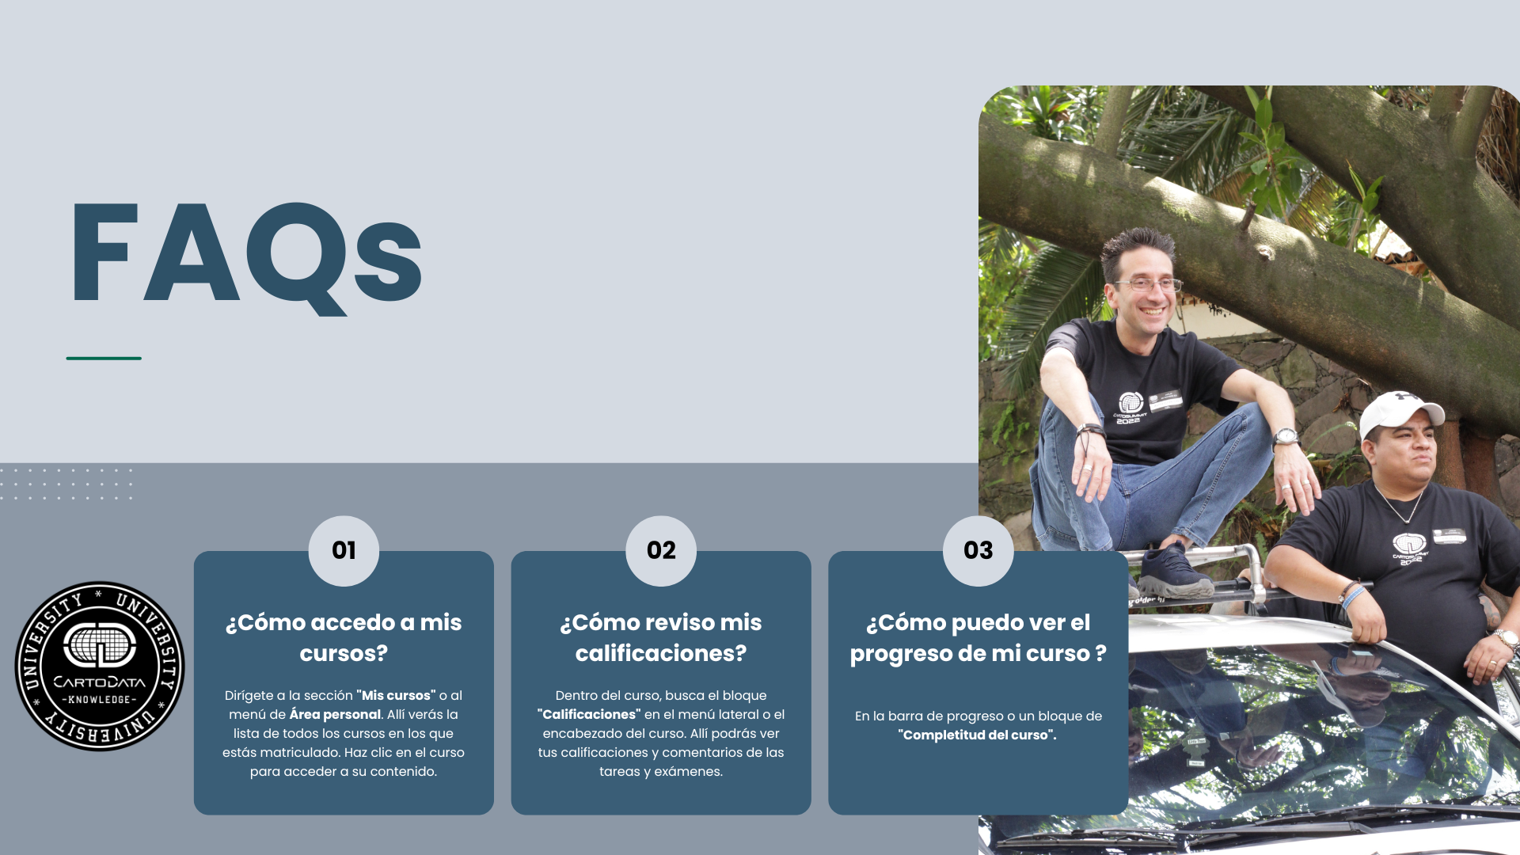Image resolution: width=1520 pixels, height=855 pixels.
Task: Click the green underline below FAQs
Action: tap(104, 359)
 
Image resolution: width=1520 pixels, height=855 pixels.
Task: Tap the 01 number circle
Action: tap(344, 551)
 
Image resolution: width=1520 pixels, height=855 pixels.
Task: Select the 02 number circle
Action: tap(661, 551)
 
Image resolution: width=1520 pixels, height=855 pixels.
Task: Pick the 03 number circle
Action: tap(978, 551)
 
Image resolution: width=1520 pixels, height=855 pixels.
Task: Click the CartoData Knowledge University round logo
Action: tap(100, 667)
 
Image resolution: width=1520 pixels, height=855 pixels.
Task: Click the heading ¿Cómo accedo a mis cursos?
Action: tap(344, 638)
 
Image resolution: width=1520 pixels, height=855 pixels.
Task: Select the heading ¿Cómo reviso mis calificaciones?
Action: tap(661, 638)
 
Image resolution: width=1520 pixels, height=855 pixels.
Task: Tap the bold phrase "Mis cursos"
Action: tap(396, 695)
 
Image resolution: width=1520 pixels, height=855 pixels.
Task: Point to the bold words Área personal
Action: tap(335, 714)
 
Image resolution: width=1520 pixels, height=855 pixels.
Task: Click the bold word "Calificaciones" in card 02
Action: tap(589, 714)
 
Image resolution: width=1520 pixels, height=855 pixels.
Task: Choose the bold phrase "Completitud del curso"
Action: tap(977, 735)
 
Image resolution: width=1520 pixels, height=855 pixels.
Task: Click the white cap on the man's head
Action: tap(1400, 412)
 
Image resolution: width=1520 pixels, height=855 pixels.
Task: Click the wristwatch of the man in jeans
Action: tap(1285, 437)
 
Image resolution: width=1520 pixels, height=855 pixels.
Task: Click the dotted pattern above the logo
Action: tap(66, 484)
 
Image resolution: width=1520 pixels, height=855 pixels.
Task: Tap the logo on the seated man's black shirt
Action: tap(1130, 408)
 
